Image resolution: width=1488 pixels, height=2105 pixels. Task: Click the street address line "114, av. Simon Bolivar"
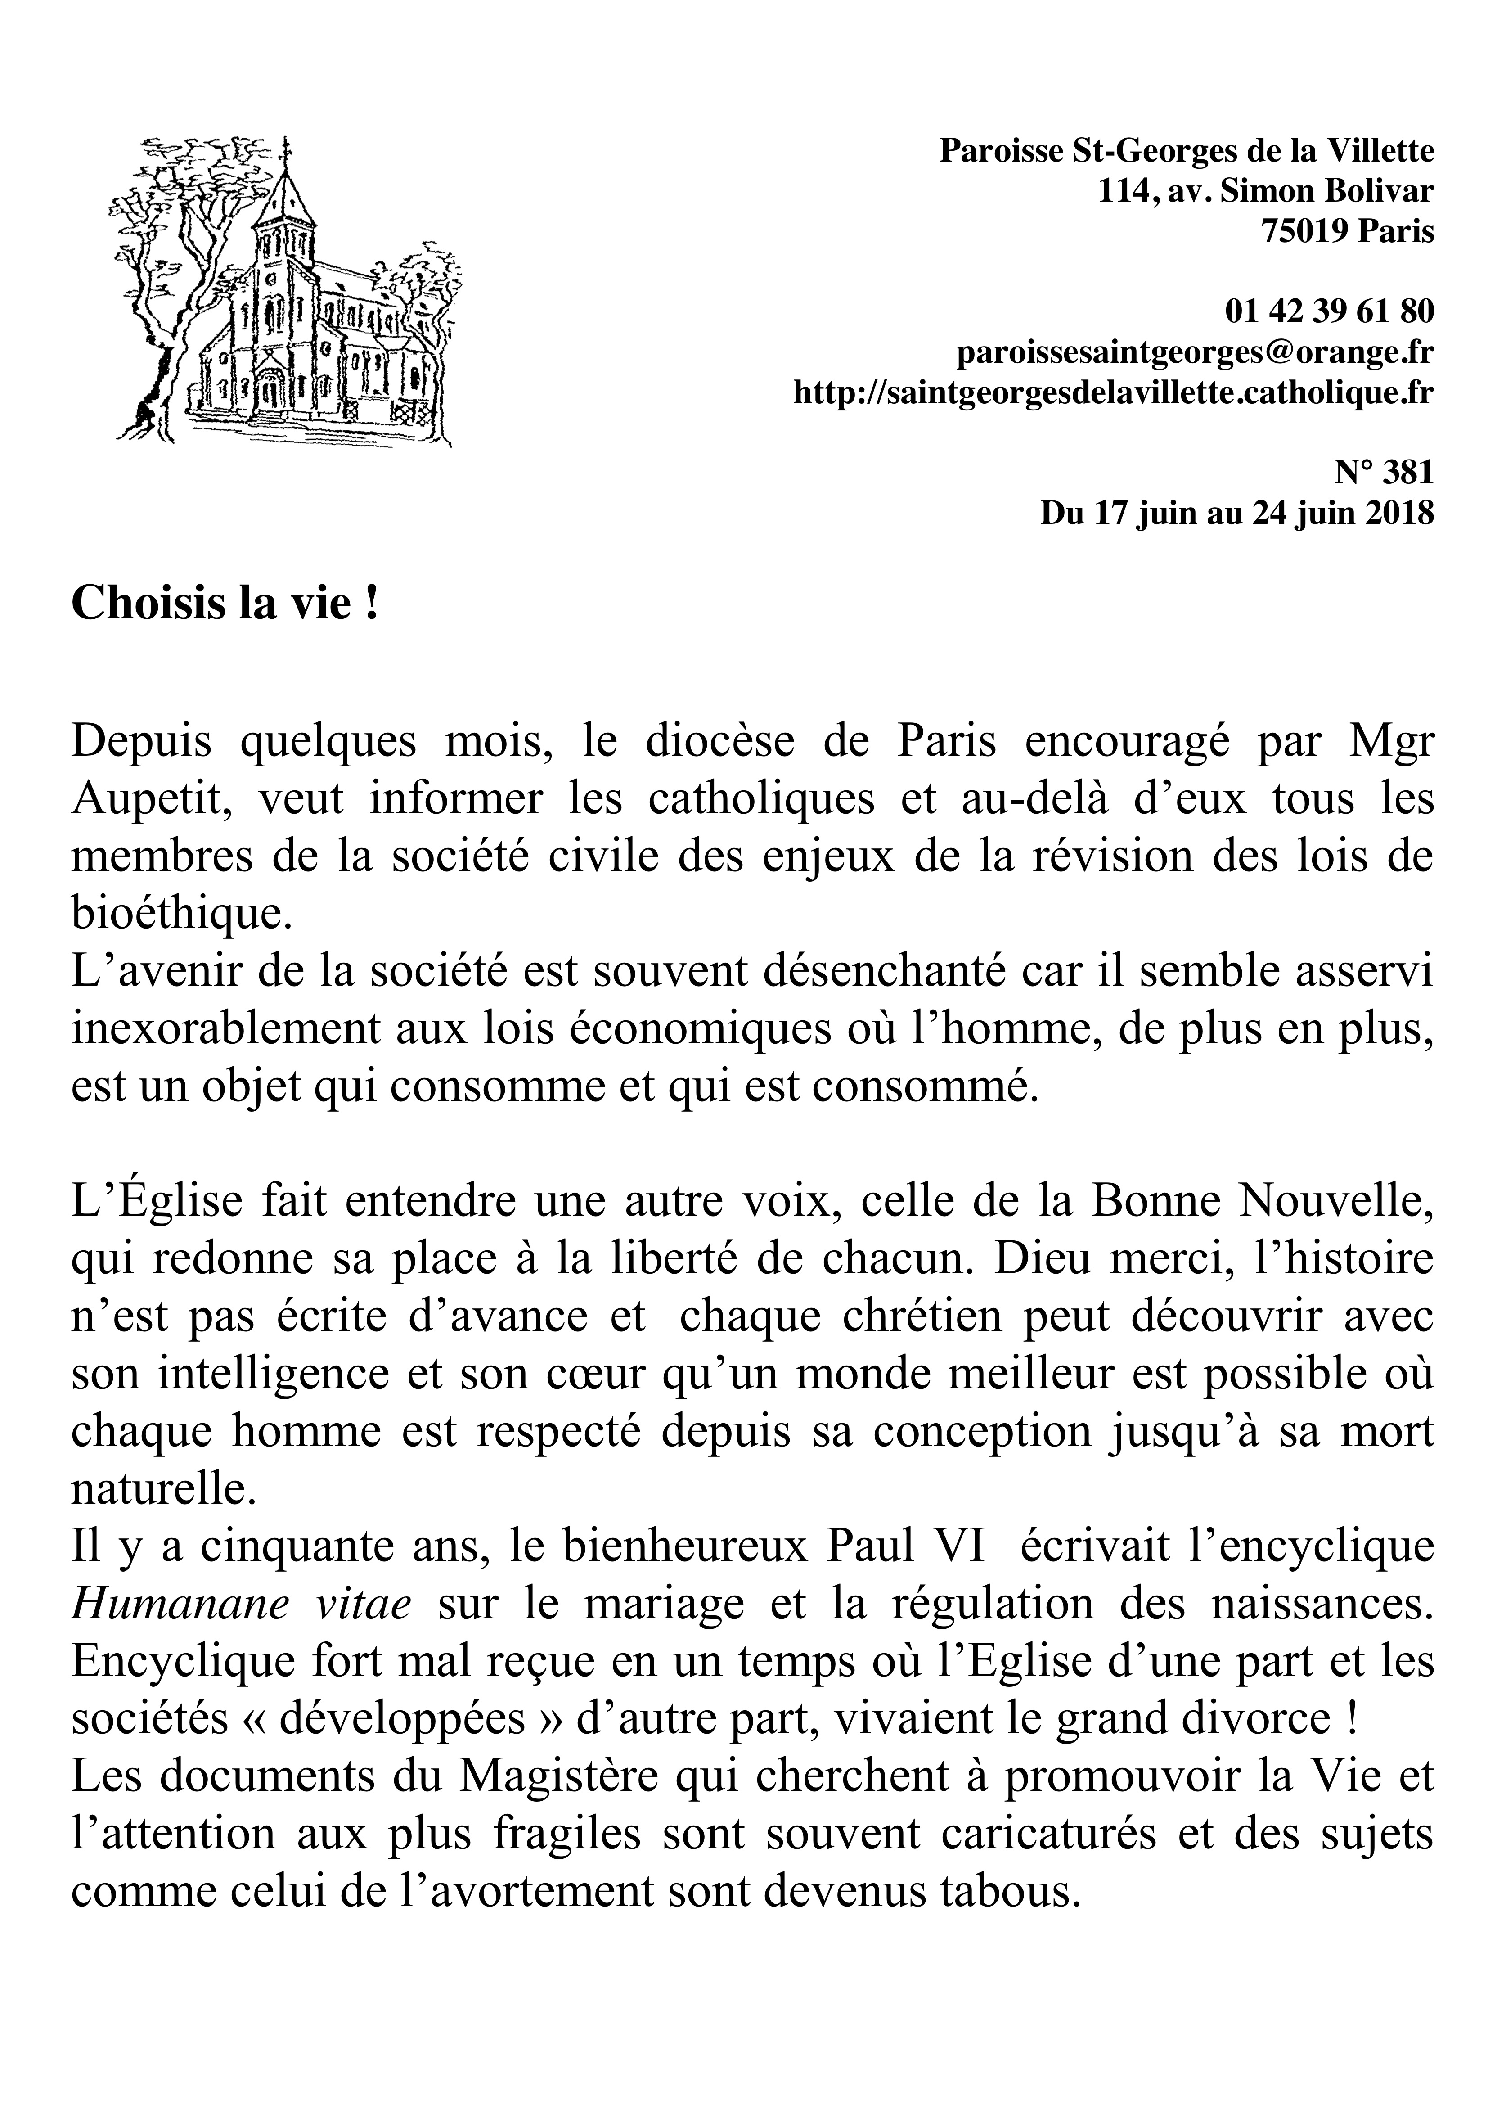click(x=1265, y=191)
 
